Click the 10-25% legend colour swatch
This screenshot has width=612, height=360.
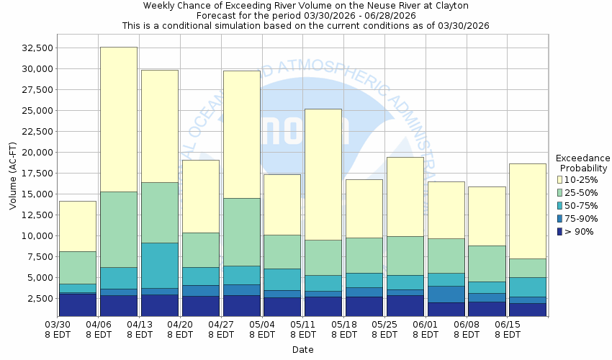[559, 179]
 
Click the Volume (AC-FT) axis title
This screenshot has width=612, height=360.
[13, 176]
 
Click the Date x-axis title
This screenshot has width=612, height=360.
[302, 350]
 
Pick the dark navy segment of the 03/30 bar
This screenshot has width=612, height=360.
[78, 304]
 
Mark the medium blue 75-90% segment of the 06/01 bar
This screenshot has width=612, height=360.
[446, 294]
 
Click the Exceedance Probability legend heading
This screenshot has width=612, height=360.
[582, 163]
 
